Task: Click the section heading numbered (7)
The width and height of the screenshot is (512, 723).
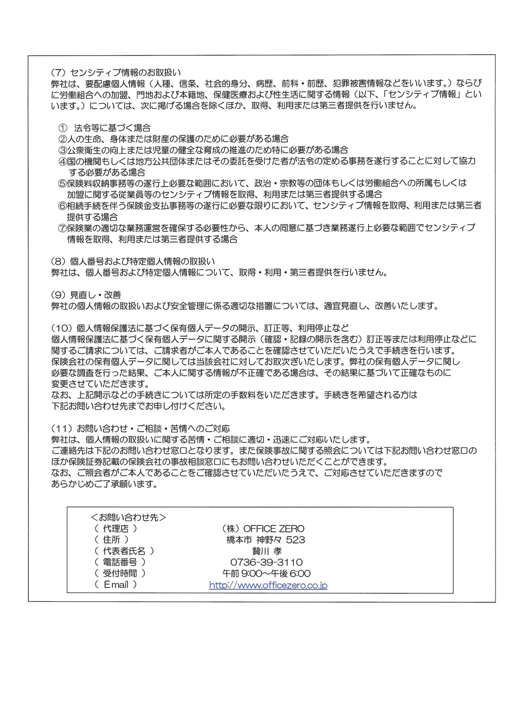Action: [116, 72]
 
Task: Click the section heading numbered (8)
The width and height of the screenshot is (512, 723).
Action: [133, 261]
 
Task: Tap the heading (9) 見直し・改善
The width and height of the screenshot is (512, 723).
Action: [86, 294]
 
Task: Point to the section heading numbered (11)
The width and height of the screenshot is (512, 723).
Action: [140, 428]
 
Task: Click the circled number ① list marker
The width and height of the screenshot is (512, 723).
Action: [63, 128]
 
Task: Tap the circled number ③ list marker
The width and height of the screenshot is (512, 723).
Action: [63, 150]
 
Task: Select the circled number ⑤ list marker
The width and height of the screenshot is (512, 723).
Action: [63, 183]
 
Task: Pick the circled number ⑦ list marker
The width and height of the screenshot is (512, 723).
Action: [63, 228]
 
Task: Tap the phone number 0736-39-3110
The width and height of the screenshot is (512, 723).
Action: [266, 562]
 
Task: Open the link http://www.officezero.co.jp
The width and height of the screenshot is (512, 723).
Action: [268, 585]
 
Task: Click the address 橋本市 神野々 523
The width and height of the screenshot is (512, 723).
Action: [266, 540]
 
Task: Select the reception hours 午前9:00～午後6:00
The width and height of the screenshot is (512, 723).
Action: [266, 573]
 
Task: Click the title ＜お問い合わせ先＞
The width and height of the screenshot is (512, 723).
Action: [128, 517]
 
